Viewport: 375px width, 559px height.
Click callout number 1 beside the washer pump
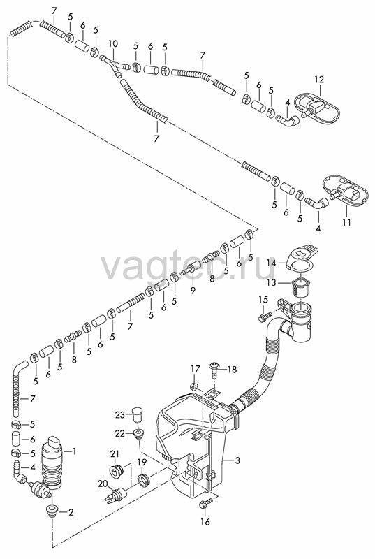pyautogui.click(x=74, y=451)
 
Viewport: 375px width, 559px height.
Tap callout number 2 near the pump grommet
pyautogui.click(x=71, y=512)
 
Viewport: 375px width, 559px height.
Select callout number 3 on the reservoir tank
pyautogui.click(x=237, y=460)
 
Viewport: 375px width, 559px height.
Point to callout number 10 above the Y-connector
pyautogui.click(x=113, y=44)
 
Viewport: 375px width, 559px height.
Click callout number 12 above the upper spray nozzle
pyautogui.click(x=319, y=79)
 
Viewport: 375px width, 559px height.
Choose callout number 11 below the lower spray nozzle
pyautogui.click(x=347, y=222)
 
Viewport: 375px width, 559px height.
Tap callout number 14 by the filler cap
pyautogui.click(x=272, y=263)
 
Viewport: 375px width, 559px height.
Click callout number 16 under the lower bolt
pyautogui.click(x=205, y=522)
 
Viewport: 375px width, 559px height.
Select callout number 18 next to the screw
pyautogui.click(x=232, y=370)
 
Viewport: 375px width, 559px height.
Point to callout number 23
pyautogui.click(x=120, y=414)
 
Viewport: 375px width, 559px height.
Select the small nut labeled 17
pyautogui.click(x=194, y=386)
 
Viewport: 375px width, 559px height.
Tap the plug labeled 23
pyautogui.click(x=137, y=415)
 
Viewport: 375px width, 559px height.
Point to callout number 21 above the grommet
pyautogui.click(x=115, y=453)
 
